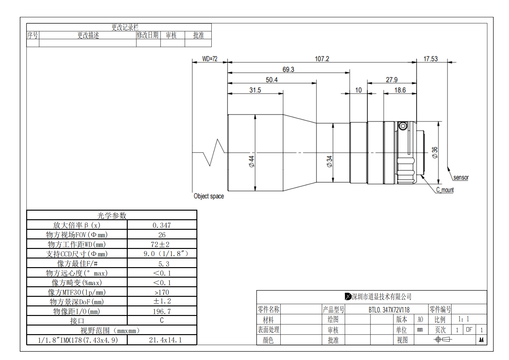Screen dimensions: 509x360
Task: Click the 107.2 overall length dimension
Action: [322, 59]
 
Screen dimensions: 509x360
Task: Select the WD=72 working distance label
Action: [210, 59]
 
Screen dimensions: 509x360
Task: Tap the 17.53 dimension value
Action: [430, 59]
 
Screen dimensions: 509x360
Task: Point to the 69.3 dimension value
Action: [288, 69]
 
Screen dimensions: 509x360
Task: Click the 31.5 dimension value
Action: [255, 90]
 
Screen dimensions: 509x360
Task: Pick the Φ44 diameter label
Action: [252, 161]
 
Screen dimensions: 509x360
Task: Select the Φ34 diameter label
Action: [330, 161]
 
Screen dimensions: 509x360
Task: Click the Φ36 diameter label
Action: [435, 153]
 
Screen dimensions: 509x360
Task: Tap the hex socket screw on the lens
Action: [403, 126]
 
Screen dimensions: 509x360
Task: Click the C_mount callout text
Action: [445, 190]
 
